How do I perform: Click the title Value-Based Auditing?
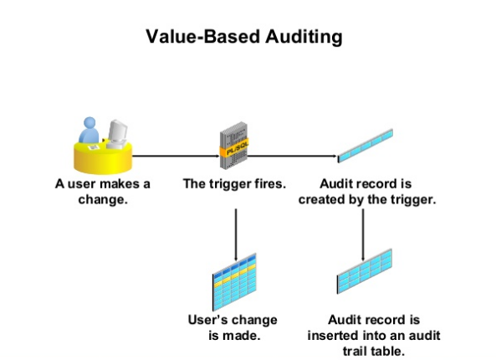(243, 37)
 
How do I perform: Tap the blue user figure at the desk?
(89, 132)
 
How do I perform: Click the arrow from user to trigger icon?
(171, 156)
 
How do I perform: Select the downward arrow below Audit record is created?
(362, 234)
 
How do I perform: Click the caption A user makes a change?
(98, 191)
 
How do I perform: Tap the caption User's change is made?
(233, 327)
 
